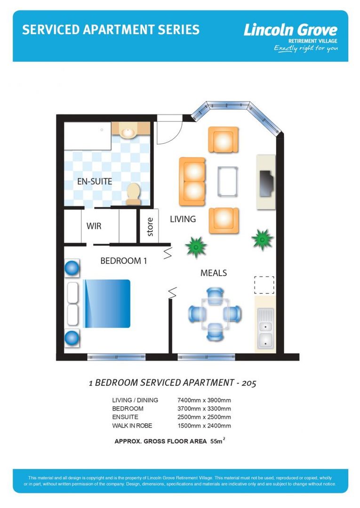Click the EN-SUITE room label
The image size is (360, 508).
pos(95,181)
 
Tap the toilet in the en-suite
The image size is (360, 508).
pos(133,193)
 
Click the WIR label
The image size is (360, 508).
pos(94,226)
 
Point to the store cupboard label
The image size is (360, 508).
pos(150,226)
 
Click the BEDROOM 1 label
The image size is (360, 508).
pos(123,261)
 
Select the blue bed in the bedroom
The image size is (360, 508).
pos(106,303)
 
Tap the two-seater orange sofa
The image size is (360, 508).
pos(192,182)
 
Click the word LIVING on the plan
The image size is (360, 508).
pos(183,219)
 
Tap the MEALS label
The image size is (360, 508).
pos(214,273)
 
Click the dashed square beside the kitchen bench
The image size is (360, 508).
pos(264,285)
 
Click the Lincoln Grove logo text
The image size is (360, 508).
pos(290,31)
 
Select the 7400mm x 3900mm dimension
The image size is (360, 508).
pos(204,400)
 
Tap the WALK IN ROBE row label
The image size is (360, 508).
pos(132,426)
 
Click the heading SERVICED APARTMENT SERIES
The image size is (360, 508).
pos(111,30)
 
